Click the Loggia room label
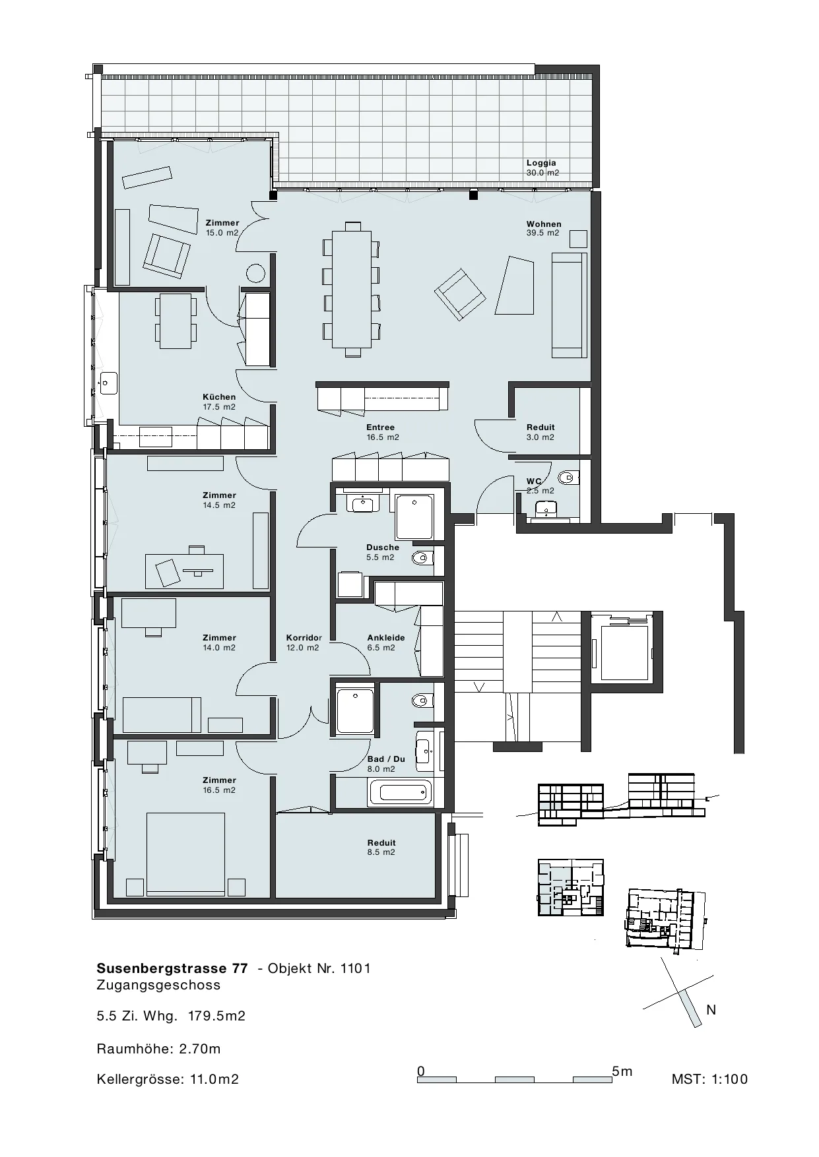coord(541,163)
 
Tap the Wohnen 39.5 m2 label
coord(543,228)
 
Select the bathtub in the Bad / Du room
coord(400,792)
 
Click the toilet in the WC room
coord(567,476)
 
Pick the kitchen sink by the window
coord(108,383)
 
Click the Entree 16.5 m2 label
coord(383,432)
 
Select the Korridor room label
coord(304,638)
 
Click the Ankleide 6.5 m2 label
coord(386,642)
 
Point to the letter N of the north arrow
coord(711,1010)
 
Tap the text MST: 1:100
coord(709,1079)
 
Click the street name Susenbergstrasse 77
coord(172,968)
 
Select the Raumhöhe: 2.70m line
coord(158,1049)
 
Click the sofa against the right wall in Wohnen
coord(570,305)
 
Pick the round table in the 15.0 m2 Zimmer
coord(255,273)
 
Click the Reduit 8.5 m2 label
coord(381,847)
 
